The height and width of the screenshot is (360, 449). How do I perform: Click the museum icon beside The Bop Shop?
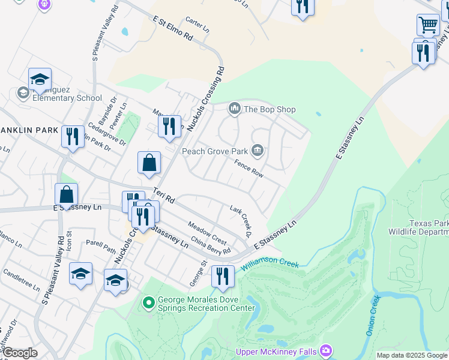234,109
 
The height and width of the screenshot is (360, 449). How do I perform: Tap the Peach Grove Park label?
214,151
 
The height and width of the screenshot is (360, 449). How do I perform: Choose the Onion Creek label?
372,315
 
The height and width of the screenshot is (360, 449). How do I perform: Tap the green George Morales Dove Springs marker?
149,304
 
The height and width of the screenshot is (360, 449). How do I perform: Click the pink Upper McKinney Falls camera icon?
326,350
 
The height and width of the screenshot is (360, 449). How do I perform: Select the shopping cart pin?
428,25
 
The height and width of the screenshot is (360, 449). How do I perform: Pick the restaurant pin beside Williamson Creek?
223,277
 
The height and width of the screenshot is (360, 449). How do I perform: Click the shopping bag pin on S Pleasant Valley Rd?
66,195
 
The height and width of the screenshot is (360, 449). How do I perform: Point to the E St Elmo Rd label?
172,28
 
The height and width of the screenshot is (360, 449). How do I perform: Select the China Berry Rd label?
210,247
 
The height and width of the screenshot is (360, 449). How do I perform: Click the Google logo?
19,353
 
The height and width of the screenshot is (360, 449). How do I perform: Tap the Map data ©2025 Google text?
411,355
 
